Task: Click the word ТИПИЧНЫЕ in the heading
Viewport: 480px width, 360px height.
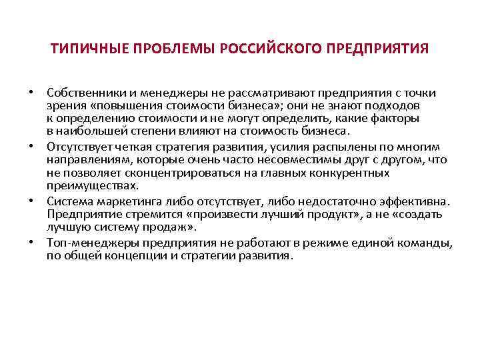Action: coord(85,50)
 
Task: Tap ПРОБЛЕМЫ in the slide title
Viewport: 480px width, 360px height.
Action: coord(170,50)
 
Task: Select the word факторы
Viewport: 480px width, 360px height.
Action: coord(396,119)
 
